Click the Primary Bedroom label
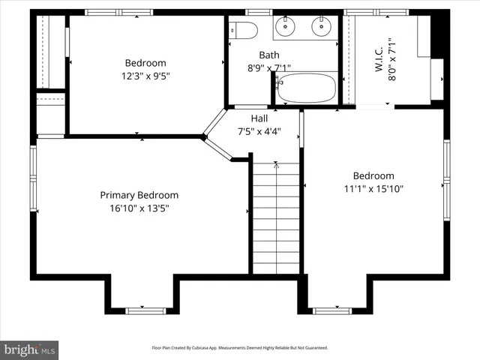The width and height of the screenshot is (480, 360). pos(139,195)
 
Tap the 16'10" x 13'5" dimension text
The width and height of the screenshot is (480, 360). pos(139,208)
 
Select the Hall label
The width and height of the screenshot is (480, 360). pos(259,118)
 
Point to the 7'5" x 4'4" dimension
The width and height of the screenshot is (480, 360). pos(259,131)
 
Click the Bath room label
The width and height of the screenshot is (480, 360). pos(268,55)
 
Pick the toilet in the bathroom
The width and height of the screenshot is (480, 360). pos(243,30)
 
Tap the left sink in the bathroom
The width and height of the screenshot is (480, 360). pos(286,29)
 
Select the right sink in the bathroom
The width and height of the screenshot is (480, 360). pos(320,29)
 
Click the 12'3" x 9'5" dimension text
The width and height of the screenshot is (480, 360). pos(145,76)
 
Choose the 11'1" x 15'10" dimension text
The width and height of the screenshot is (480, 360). pos(373,189)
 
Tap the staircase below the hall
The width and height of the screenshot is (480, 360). pos(277,217)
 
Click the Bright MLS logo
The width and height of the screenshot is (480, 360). pos(29,349)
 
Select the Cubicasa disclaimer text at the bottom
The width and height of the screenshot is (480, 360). pos(240,348)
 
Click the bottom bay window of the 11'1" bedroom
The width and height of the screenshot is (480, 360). pos(331,310)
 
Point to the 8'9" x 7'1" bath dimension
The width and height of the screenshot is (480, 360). pos(268,67)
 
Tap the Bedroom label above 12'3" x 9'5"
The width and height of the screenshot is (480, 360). pos(145,63)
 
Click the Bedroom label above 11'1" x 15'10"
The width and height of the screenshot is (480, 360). pos(373,176)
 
